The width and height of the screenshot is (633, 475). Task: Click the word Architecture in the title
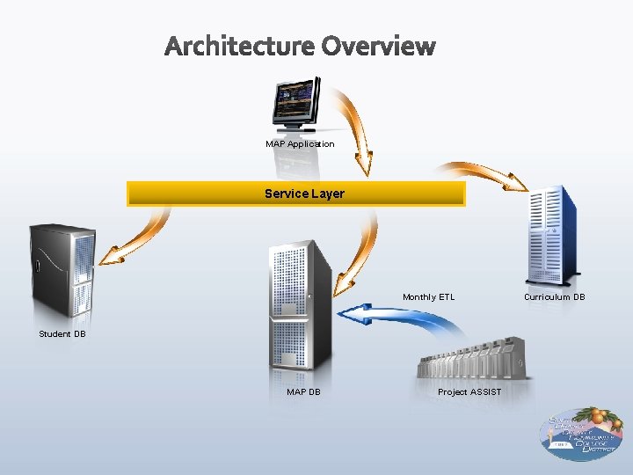238,45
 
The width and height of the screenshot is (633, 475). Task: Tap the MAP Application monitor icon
296,104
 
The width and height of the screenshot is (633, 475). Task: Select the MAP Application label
300,143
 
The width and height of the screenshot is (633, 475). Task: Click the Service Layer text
304,194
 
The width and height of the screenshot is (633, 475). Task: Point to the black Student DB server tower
62,268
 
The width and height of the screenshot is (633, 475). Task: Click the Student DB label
62,334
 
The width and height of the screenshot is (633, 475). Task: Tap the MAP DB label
303,391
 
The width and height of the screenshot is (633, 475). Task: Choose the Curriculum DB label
554,297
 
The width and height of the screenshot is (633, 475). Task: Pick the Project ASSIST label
469,391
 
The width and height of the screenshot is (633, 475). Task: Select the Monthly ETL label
428,297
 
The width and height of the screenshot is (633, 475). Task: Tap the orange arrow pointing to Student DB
141,233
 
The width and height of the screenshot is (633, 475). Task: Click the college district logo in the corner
581,433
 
